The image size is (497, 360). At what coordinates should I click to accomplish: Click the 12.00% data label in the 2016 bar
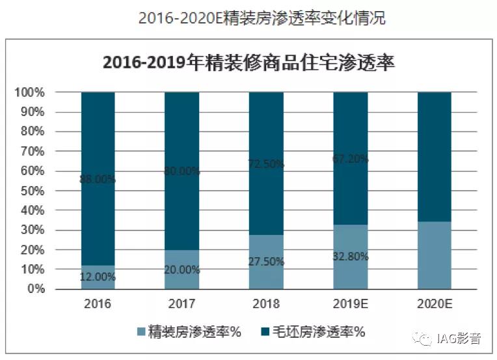coord(98,277)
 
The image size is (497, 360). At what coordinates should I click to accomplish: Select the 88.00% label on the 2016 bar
coord(98,180)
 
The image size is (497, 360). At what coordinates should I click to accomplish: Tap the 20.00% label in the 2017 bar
coord(181,269)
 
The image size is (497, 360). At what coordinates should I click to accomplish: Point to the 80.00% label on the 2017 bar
coord(181,172)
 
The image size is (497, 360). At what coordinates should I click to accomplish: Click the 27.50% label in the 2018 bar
coord(266,262)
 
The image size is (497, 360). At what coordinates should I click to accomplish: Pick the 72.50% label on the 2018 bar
coord(266,165)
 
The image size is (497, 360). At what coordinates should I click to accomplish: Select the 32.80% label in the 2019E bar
coord(350,256)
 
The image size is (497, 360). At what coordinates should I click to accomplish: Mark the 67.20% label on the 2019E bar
coord(350,159)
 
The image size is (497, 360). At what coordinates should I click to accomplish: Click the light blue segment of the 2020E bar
coord(434,255)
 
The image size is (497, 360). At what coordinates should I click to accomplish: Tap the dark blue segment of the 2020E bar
coord(434,156)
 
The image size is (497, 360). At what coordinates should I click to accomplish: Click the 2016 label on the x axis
coord(98,304)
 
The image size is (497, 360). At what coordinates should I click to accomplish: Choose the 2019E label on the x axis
coord(350,304)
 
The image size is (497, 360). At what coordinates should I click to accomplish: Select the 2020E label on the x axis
coord(434,304)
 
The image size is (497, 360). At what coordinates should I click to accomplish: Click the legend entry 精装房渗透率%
coord(188,332)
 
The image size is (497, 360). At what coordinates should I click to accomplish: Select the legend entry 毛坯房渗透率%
coord(311,332)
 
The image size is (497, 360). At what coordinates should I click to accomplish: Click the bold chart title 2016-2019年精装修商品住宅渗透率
coord(249,63)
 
